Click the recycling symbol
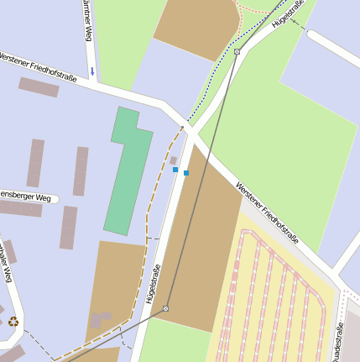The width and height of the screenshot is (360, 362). (13, 321)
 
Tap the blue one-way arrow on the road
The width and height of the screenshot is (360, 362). (92, 71)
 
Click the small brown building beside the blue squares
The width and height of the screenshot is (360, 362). (174, 160)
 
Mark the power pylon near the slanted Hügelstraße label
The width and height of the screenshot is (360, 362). (237, 52)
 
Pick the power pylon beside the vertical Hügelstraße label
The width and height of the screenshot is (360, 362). (166, 309)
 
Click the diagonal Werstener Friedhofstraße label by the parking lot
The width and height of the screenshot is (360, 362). (267, 214)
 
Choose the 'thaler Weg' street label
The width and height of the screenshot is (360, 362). (6, 261)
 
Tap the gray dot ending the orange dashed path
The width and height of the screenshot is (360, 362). (182, 128)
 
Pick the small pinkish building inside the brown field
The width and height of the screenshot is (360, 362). (102, 319)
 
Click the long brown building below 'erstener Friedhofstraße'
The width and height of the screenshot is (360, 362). (39, 87)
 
